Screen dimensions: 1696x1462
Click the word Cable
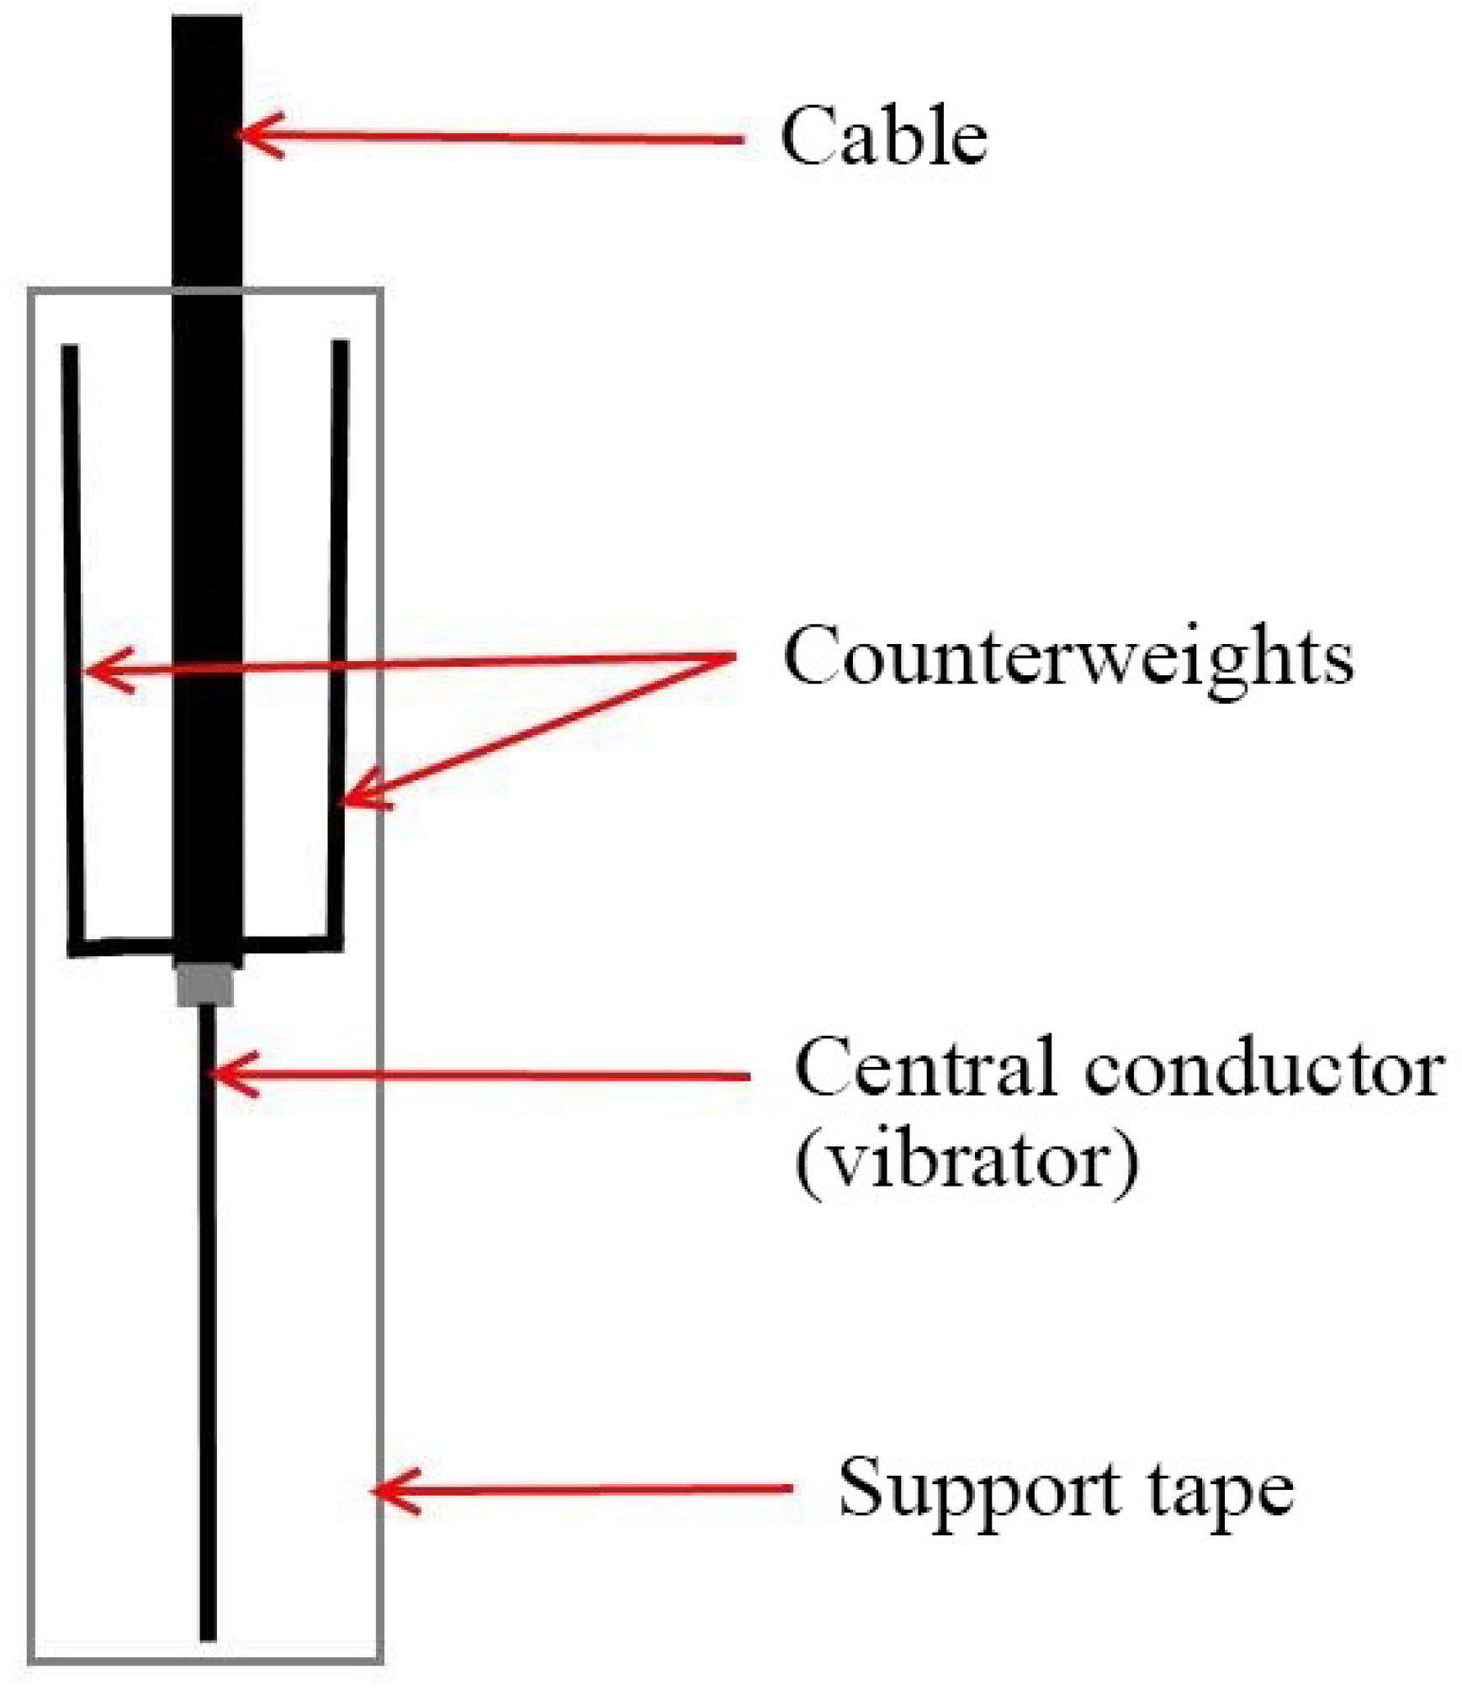pos(883,136)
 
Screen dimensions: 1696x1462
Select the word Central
pos(924,1069)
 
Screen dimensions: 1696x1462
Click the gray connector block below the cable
pos(204,985)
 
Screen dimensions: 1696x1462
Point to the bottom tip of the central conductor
pos(208,1635)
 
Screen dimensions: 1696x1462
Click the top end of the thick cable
pos(207,21)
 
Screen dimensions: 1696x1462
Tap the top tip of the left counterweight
pos(69,348)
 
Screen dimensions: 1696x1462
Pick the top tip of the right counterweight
pos(340,344)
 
